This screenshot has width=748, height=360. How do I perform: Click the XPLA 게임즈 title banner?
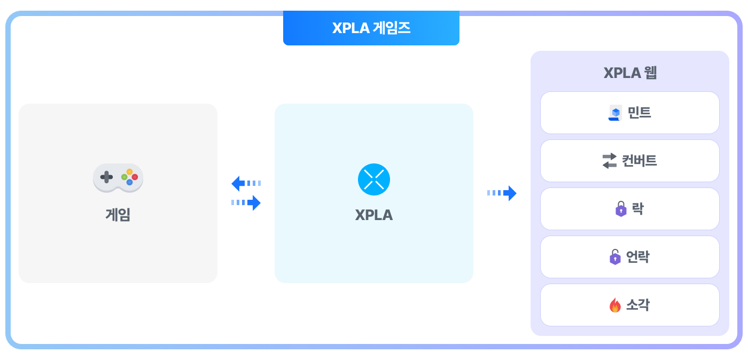371,28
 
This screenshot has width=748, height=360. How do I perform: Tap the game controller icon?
118,178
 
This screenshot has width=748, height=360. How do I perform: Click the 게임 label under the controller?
118,215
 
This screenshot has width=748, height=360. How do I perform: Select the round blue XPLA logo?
373,179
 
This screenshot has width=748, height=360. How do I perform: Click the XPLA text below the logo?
373,215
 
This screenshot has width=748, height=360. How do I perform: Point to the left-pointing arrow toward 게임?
246,183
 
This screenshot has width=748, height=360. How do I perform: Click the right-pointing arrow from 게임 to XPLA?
246,203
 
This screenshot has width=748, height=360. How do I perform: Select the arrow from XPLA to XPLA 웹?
502,193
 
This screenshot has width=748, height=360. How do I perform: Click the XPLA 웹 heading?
630,73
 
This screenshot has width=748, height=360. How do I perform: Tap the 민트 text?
639,113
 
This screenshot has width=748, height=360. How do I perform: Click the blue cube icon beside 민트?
615,113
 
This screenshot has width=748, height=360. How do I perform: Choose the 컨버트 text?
639,161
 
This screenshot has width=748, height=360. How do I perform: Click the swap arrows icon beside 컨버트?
610,161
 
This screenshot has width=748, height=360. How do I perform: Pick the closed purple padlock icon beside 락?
621,209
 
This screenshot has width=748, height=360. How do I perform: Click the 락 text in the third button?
637,209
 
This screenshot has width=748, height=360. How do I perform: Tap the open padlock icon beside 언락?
615,257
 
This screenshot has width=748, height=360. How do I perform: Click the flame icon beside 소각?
615,305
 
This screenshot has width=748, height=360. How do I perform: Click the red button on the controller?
135,177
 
